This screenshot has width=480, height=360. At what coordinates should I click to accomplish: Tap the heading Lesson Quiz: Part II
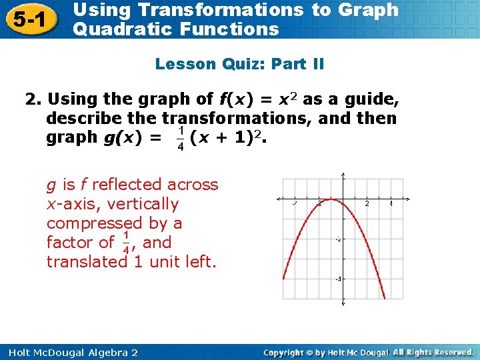(239, 64)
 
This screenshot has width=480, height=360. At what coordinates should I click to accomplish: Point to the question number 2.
(32, 100)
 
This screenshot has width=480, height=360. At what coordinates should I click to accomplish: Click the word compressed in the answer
(105, 223)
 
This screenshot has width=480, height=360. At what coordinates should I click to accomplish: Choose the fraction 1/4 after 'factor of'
(127, 243)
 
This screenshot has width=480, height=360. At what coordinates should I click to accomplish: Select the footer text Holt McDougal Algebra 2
(69, 352)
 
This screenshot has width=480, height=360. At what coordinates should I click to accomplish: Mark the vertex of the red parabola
(331, 200)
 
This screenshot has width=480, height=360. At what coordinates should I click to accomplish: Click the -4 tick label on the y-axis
(338, 279)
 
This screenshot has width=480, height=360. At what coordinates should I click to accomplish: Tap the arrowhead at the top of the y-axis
(343, 176)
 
